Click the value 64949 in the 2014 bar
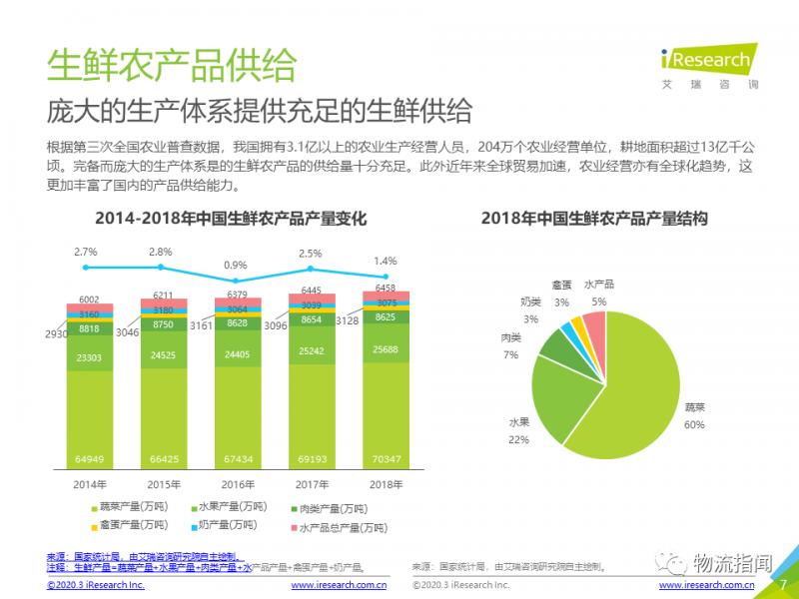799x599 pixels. point(90,458)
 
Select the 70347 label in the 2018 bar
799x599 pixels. point(385,458)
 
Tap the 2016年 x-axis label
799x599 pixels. point(237,484)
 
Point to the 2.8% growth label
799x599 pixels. point(160,252)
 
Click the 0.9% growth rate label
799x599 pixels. point(235,266)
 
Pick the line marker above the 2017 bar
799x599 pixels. point(311,269)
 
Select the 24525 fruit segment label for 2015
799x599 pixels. point(163,354)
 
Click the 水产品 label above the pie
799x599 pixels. point(600,285)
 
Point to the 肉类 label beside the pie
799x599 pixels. point(510,338)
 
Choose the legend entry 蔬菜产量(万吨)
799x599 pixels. point(131,508)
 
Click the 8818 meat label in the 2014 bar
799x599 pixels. point(90,327)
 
